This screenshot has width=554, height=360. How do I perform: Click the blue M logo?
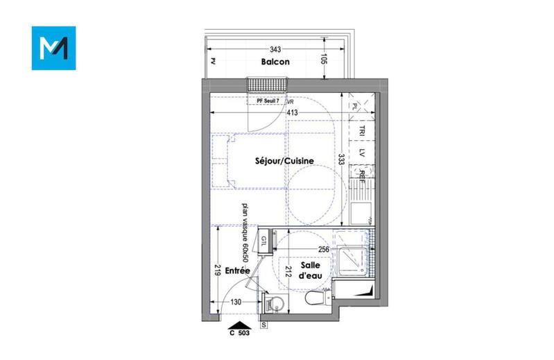click(53, 48)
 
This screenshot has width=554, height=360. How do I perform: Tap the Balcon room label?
click(275, 62)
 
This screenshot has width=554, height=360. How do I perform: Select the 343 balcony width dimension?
click(275, 49)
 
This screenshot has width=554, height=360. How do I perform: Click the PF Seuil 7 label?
click(268, 101)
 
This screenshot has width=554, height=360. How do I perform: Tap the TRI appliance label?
click(362, 130)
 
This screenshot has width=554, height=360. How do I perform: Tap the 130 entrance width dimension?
click(236, 302)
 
